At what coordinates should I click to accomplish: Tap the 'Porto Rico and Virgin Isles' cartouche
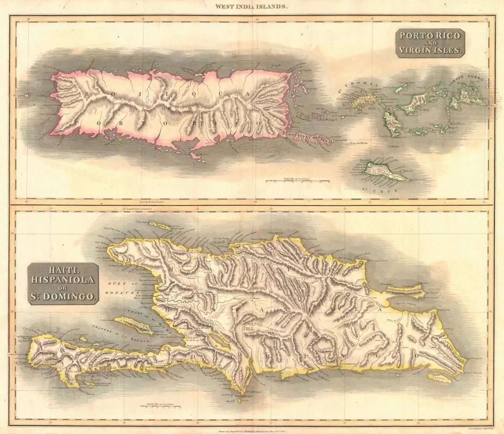[x=430, y=43]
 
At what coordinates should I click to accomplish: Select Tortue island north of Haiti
[x=156, y=226]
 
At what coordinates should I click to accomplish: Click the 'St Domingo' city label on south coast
[x=349, y=366]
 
